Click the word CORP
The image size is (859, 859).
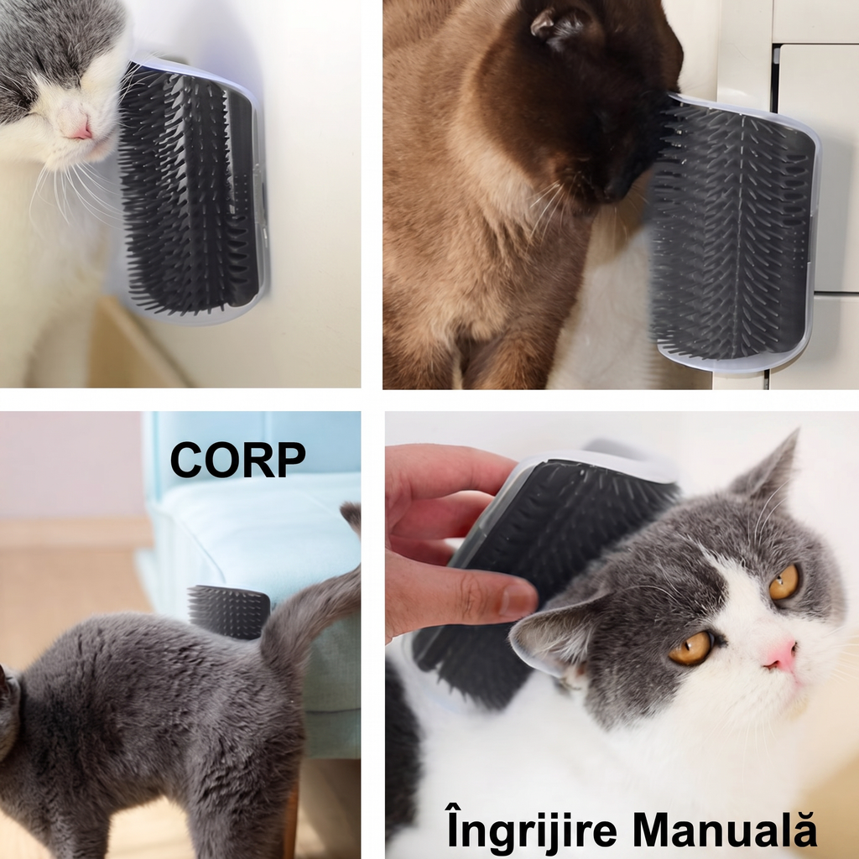pos(237,460)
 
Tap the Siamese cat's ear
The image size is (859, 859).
pos(553,23)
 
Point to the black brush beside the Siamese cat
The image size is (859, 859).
pos(734,233)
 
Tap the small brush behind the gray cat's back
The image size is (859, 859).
pos(229,611)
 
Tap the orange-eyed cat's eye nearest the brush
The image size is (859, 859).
pos(690,648)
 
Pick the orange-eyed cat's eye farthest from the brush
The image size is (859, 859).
pos(784,582)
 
